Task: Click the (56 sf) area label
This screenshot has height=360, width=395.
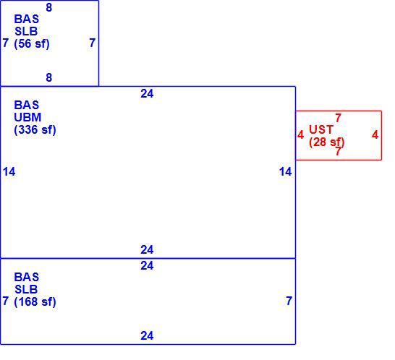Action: coord(32,43)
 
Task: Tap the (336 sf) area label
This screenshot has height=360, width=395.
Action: coord(35,129)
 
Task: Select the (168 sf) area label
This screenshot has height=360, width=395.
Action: coord(35,301)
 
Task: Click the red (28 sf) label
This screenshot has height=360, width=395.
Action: coord(327,142)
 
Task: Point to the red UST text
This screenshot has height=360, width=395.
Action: coord(321,129)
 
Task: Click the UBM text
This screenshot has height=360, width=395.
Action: coord(27,117)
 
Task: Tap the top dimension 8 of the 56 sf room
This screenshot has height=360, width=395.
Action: coord(49,7)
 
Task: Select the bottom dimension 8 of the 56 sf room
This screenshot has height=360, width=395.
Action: coord(49,77)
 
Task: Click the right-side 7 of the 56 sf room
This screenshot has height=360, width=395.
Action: coord(93,43)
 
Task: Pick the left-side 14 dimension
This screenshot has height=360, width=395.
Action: coord(9,172)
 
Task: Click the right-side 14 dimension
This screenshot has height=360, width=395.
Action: coord(286,172)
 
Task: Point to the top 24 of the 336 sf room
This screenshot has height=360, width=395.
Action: coord(147,94)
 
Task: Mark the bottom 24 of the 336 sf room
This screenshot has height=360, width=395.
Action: coord(147,249)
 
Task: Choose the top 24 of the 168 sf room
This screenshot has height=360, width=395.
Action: coord(147,265)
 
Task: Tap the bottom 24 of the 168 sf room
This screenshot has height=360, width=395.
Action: coord(147,335)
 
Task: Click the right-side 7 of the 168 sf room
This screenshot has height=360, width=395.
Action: coord(289,301)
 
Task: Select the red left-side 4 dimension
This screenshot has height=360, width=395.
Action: coord(300,134)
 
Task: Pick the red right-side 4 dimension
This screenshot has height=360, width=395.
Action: coord(375,134)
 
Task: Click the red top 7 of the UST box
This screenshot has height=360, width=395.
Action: coord(338,118)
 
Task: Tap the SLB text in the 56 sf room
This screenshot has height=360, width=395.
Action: coord(26,32)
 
